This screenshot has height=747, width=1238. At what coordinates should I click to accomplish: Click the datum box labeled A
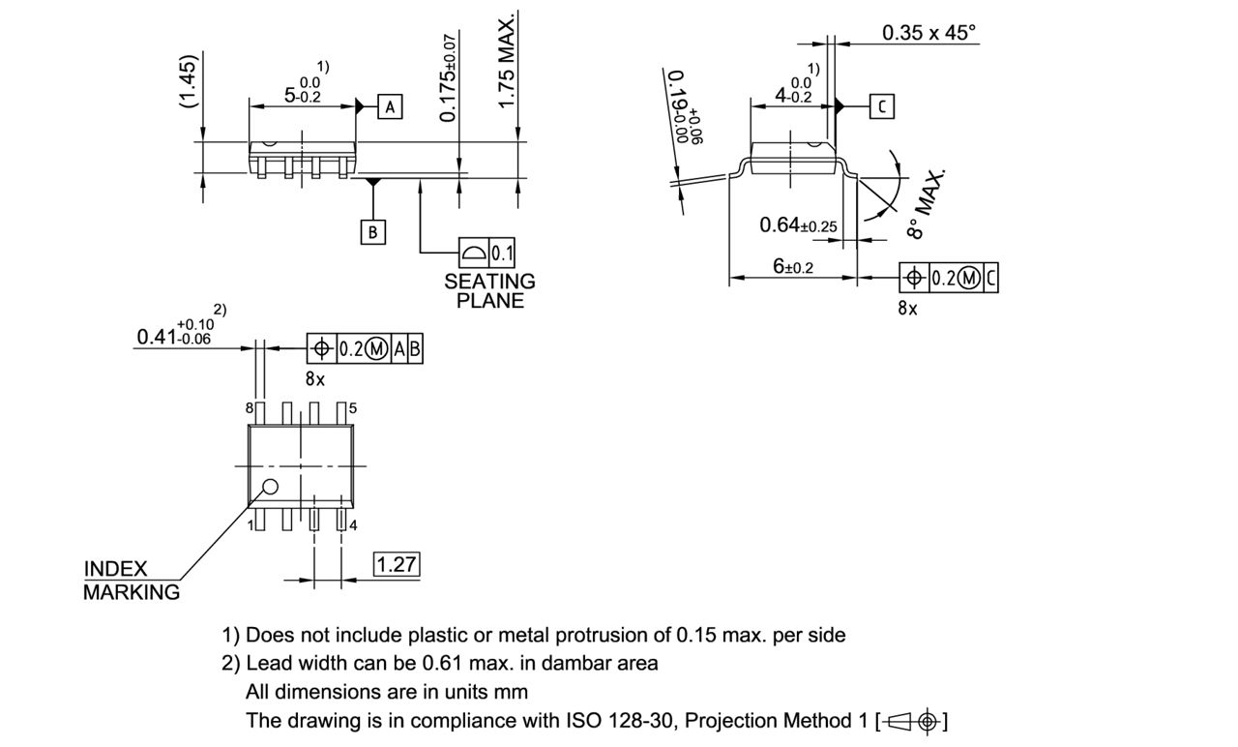click(390, 107)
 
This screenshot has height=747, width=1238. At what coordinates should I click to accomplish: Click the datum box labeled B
click(373, 232)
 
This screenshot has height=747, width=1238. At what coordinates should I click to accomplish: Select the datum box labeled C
click(881, 106)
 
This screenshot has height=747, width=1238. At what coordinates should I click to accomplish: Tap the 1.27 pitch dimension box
click(397, 565)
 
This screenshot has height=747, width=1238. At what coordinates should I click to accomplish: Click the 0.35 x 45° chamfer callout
click(928, 33)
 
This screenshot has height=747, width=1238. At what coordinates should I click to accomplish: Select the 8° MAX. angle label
click(927, 204)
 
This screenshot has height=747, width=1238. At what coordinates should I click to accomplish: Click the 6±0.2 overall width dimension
click(793, 267)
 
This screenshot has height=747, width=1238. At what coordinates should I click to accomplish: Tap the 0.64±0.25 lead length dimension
click(798, 225)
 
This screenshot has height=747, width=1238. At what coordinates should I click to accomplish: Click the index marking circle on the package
click(271, 487)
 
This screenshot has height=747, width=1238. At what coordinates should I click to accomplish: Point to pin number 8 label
click(249, 408)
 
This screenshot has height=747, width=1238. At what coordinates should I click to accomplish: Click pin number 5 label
click(353, 408)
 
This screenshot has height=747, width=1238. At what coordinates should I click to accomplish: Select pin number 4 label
click(353, 525)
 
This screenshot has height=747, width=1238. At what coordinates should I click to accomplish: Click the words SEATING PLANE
click(489, 290)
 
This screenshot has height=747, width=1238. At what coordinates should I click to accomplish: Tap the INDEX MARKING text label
click(131, 581)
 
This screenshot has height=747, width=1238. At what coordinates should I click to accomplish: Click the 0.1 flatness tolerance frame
click(487, 254)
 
